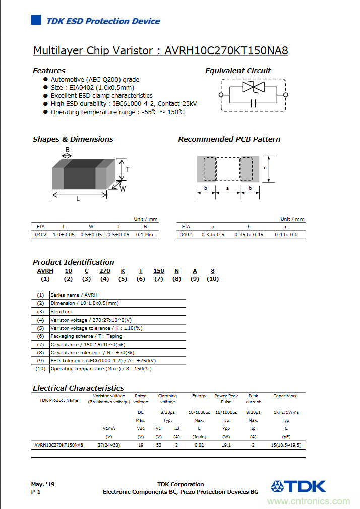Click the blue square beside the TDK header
36,20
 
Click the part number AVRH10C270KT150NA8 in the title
226,51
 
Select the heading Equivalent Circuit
237,71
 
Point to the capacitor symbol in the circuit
254,103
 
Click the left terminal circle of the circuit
221,95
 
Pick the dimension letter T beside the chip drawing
128,170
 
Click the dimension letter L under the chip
78,199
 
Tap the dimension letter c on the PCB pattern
265,168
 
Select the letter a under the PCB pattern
227,188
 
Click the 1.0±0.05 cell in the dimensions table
64,235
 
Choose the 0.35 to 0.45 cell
249,235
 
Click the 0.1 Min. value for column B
145,235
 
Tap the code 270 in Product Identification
104,271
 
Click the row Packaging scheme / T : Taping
86,336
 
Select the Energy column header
199,396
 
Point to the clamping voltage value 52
159,445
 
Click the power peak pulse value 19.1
226,445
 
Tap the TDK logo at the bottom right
298,486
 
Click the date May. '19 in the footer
43,484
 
